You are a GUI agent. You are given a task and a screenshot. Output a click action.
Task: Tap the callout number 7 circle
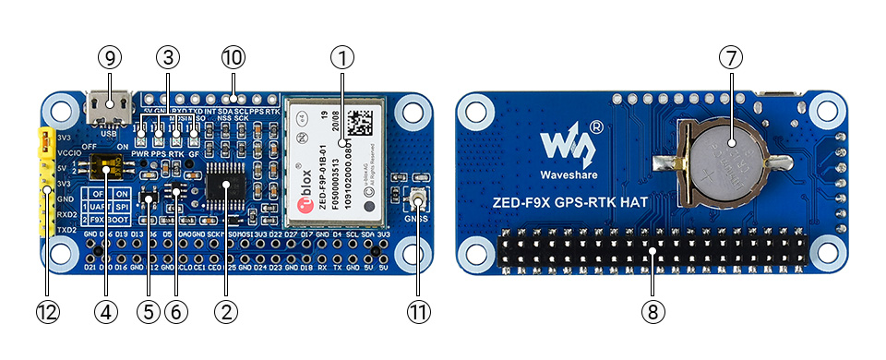click(731, 56)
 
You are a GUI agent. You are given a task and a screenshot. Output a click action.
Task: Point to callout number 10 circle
click(233, 56)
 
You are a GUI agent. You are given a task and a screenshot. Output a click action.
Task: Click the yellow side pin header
click(43, 181)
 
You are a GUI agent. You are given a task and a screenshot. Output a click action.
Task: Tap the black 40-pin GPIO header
click(653, 250)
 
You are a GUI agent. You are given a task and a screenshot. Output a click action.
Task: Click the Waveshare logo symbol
click(563, 143)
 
